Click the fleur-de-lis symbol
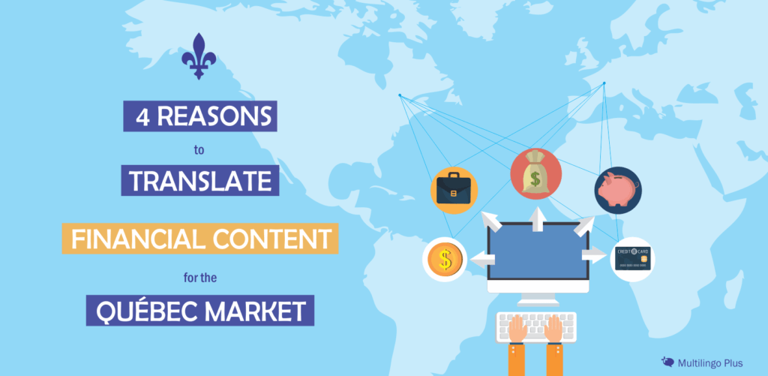tap(199, 56)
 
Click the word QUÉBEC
tap(139, 310)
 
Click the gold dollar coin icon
tap(445, 260)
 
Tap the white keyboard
tap(535, 325)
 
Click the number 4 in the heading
tap(140, 119)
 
